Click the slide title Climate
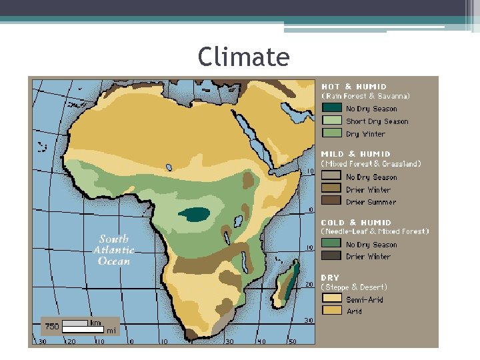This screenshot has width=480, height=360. tap(243, 57)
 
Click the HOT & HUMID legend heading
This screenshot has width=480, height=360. tap(353, 87)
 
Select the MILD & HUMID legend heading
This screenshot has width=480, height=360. tap(357, 154)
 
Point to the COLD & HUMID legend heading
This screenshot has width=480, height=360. tap(356, 223)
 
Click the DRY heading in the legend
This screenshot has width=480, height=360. tap(330, 277)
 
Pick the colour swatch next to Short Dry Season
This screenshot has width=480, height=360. tap(331, 121)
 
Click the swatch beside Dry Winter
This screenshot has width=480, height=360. tap(331, 134)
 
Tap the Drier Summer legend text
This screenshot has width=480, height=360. tap(371, 202)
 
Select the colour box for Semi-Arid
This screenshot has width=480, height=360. tap(331, 299)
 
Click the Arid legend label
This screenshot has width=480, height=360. tap(354, 311)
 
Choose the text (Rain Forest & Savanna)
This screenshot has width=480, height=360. tap(365, 96)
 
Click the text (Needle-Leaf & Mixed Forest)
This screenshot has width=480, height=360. tap(375, 232)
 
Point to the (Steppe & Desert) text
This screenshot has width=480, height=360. tap(354, 287)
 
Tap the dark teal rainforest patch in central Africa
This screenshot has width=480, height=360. tap(195, 214)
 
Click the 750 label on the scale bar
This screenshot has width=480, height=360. tap(52, 326)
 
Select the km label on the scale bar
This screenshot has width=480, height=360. tap(95, 323)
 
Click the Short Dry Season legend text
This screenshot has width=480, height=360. tap(377, 121)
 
